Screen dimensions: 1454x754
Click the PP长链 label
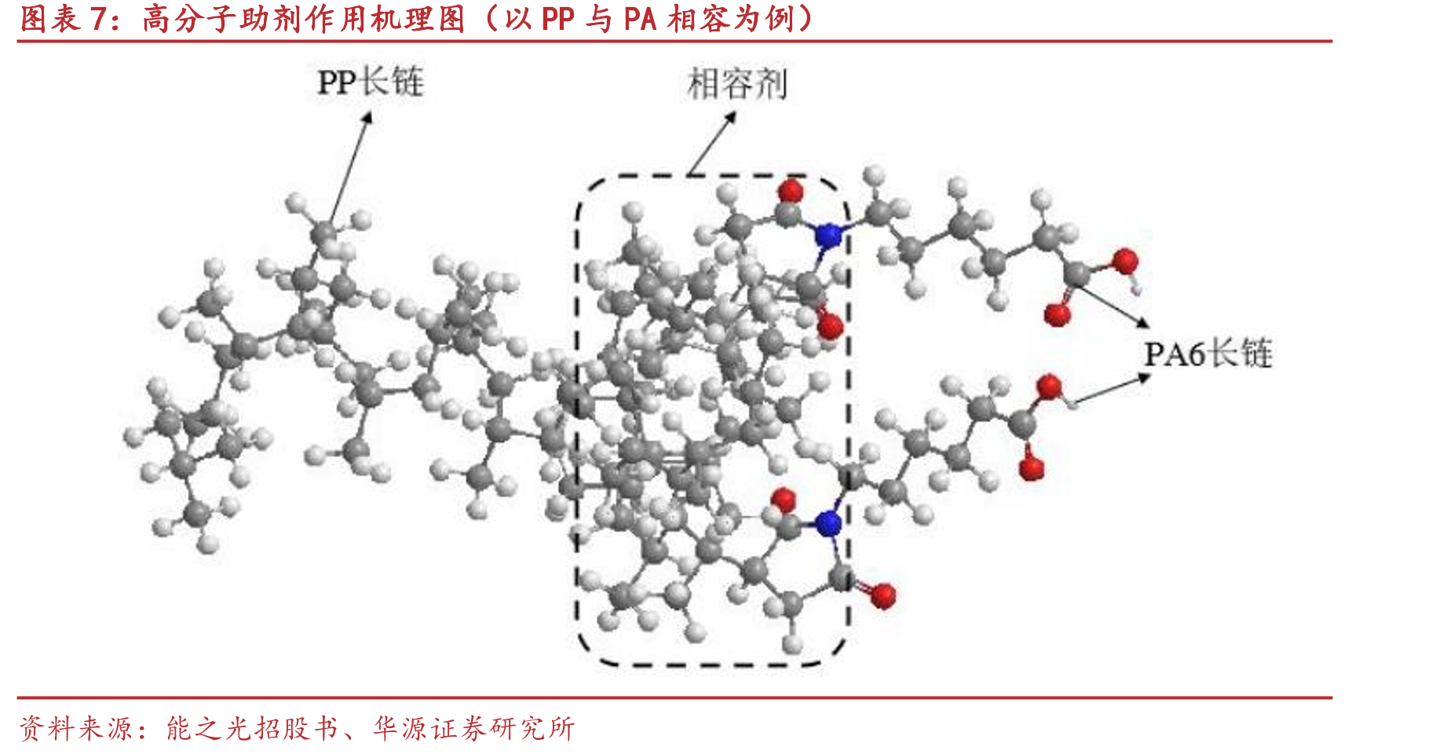pos(370,82)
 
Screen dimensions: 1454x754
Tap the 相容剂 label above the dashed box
pos(736,84)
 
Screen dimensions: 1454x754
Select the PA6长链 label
pos(1207,353)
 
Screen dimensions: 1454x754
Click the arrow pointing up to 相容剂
pos(712,143)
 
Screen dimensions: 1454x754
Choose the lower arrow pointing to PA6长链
pos(1112,389)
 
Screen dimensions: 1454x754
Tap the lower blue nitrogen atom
pos(827,523)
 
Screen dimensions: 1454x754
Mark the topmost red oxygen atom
pos(790,191)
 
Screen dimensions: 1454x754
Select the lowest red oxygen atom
pos(882,595)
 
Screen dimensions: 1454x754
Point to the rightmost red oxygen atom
pos(1124,261)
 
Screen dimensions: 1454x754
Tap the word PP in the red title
pos(557,19)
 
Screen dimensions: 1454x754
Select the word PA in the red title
pos(639,19)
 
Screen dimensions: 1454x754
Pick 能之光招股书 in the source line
pos(252,728)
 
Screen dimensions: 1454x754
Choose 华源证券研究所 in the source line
pos(474,728)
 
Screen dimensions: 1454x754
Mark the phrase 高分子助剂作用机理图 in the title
pos(304,19)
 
